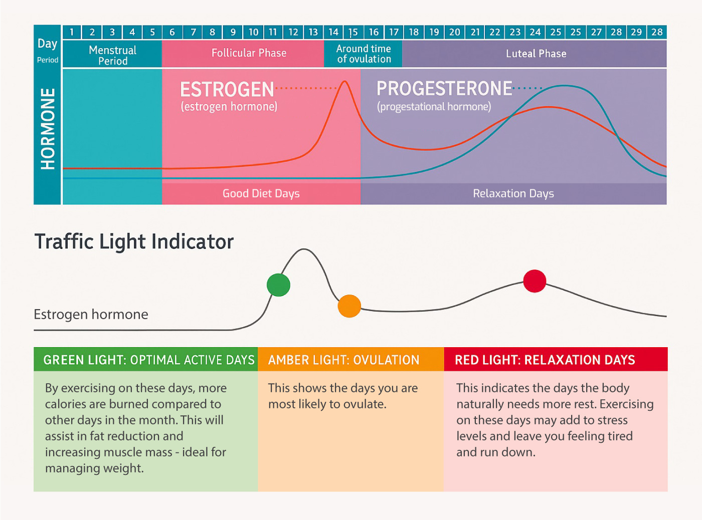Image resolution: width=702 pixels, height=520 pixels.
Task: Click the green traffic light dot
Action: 278,285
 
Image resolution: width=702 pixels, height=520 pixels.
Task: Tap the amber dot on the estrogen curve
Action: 349,306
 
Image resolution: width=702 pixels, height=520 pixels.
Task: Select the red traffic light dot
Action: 535,281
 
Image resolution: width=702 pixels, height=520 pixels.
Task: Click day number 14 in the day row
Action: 333,32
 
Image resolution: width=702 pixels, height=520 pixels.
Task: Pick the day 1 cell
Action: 72,32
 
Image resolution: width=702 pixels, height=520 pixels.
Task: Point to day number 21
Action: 475,32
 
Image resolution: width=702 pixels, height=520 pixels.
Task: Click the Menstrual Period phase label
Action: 113,55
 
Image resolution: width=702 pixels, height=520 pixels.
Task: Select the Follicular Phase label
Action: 249,53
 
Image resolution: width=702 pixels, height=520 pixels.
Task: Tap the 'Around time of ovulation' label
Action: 364,54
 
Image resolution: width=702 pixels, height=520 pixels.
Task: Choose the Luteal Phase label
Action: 536,54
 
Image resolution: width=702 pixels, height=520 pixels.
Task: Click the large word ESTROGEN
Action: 227,90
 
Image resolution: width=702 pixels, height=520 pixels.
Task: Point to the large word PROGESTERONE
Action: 444,89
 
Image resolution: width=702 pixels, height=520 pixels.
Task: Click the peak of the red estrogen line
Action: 345,82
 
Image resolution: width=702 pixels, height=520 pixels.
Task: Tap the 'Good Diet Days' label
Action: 261,193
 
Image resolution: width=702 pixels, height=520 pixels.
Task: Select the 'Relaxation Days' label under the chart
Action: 513,193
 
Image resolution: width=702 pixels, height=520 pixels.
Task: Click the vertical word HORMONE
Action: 48,129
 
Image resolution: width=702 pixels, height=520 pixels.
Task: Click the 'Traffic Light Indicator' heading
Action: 134,241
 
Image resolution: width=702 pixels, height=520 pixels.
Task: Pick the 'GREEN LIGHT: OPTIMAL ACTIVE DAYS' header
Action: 149,360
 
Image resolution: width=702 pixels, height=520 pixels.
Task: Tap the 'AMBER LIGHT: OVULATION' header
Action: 343,360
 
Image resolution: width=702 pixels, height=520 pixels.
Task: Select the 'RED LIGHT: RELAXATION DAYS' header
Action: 545,360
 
